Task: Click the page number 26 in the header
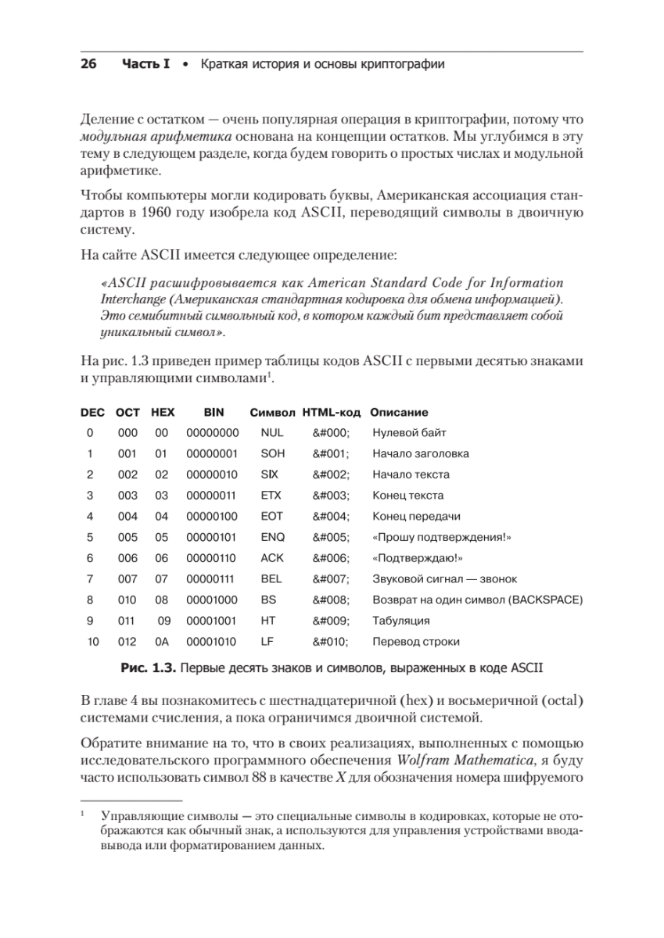(x=88, y=64)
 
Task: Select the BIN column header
(x=213, y=412)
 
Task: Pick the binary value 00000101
(x=213, y=537)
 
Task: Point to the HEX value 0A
(x=162, y=642)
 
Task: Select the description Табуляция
(x=401, y=621)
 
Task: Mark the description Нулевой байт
(x=409, y=433)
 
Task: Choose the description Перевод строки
(x=415, y=642)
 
